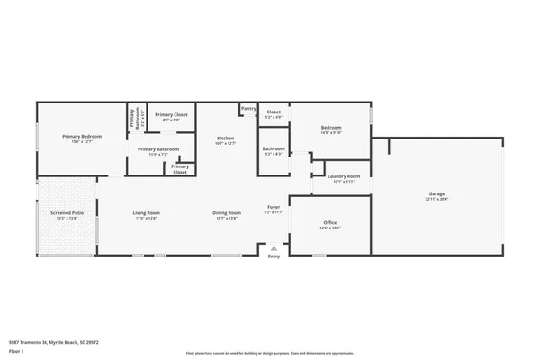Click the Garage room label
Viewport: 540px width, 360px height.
pyautogui.click(x=437, y=195)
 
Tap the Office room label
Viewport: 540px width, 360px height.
pyautogui.click(x=330, y=224)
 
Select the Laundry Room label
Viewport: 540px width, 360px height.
pyautogui.click(x=344, y=177)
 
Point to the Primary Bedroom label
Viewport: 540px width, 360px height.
pyautogui.click(x=82, y=137)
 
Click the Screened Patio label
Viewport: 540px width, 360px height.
pyautogui.click(x=67, y=214)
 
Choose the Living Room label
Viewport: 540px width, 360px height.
pyautogui.click(x=147, y=214)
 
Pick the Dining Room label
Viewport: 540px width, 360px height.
pyautogui.click(x=227, y=214)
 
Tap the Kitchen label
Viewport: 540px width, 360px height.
pyautogui.click(x=226, y=139)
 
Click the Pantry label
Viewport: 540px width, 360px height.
pyautogui.click(x=248, y=109)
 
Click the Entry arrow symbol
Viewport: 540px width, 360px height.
pyautogui.click(x=274, y=248)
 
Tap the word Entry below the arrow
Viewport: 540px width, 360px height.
pyautogui.click(x=274, y=256)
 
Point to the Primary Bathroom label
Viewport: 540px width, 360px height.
pyautogui.click(x=158, y=149)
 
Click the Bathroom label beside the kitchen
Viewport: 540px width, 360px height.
pyautogui.click(x=274, y=149)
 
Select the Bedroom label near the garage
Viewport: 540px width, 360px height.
pyautogui.click(x=331, y=129)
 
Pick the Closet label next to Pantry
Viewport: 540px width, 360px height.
pyautogui.click(x=274, y=113)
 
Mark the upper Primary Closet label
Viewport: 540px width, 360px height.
pyautogui.click(x=171, y=116)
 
